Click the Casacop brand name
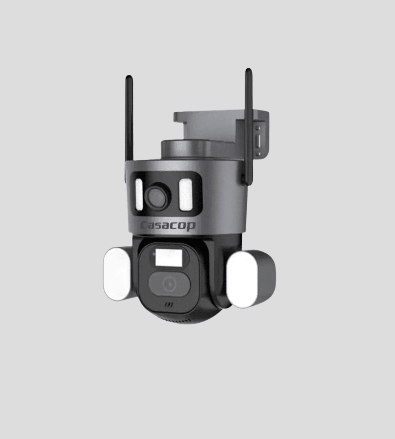coord(168,226)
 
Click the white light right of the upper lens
coord(186,195)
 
